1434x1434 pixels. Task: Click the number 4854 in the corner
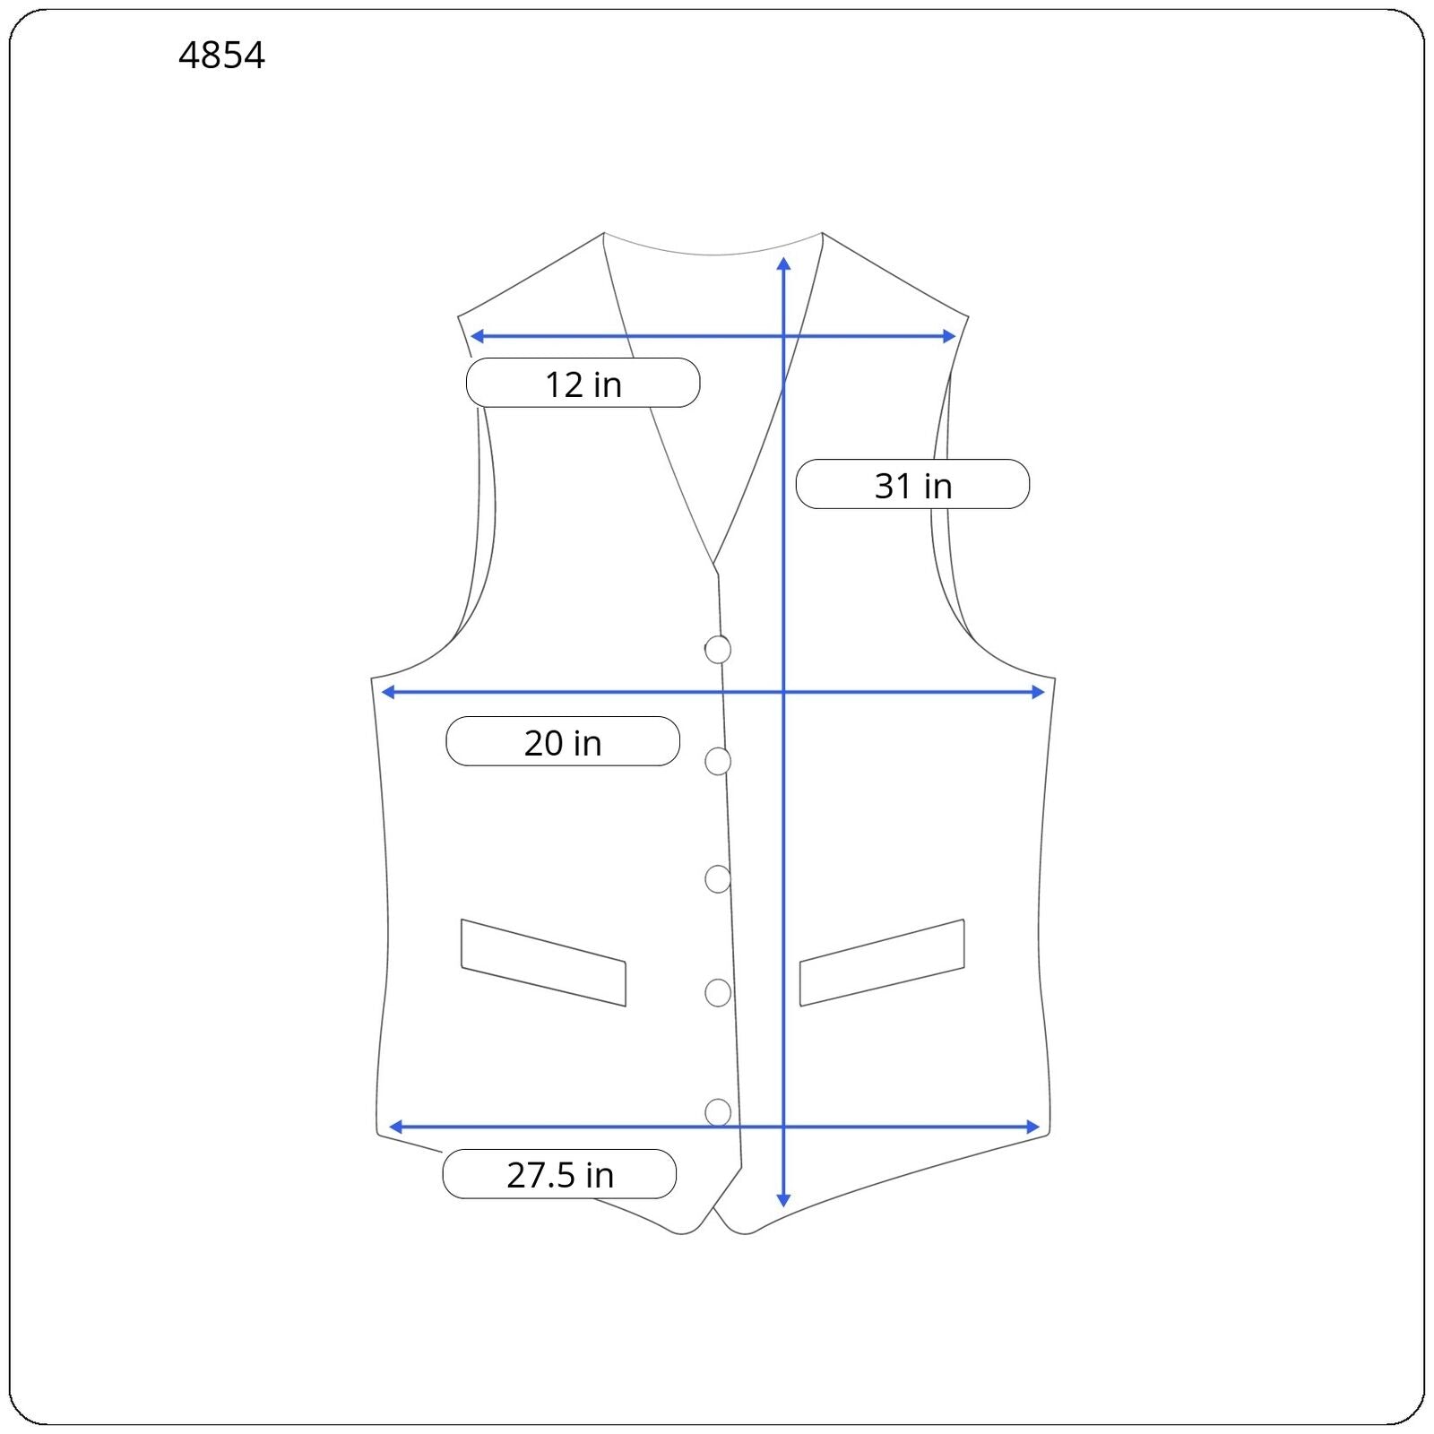click(x=221, y=56)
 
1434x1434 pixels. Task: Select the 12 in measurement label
click(x=583, y=384)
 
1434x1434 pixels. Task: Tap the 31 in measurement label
click(x=912, y=485)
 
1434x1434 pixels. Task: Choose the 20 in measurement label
click(x=563, y=742)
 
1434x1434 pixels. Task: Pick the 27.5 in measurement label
click(x=559, y=1174)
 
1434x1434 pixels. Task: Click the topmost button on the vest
click(x=718, y=649)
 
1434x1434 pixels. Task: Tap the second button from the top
click(x=718, y=761)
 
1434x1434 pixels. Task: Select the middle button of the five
click(x=718, y=879)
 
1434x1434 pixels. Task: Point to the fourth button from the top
click(x=718, y=993)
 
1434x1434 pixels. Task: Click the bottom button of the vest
click(x=718, y=1112)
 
